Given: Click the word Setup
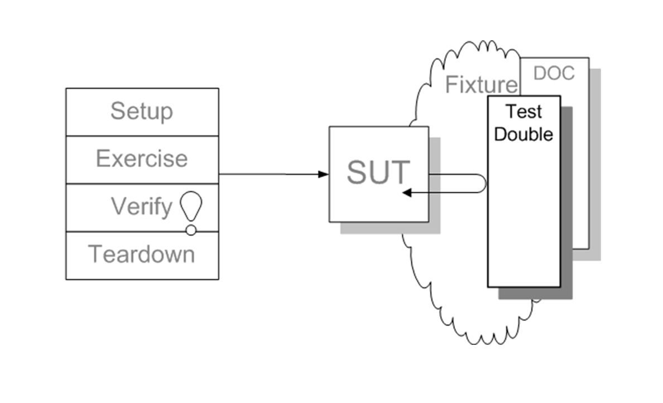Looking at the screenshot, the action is [x=142, y=111].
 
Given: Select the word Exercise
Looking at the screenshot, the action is [x=142, y=159].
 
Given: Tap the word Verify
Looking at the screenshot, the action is [x=142, y=207].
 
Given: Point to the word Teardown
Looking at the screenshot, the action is [x=142, y=254].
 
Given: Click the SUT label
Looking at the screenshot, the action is [x=378, y=172].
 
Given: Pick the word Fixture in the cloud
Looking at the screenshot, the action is [x=481, y=84].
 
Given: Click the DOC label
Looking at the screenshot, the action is [x=554, y=73].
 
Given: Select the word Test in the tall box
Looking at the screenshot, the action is [x=523, y=112].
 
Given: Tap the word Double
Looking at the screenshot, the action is [x=523, y=134].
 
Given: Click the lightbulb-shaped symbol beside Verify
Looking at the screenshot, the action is [x=191, y=206].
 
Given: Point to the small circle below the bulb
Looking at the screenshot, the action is [x=191, y=230].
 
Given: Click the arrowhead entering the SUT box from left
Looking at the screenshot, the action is [x=324, y=174].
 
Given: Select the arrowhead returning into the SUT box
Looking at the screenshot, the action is [x=407, y=193].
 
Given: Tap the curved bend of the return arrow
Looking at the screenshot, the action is [x=486, y=183].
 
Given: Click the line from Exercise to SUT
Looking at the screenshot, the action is [x=273, y=174].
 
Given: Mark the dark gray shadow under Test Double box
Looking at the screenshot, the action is [x=566, y=203].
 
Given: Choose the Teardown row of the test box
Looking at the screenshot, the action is [x=142, y=255].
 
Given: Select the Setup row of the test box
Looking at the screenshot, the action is [x=142, y=112].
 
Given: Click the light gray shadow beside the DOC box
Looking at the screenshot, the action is [x=595, y=165].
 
